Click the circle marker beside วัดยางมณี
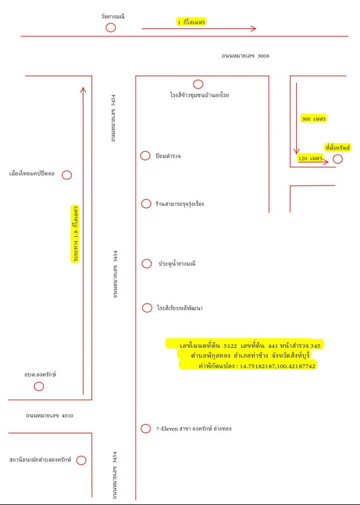click(111, 28)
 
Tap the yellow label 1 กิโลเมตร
click(191, 22)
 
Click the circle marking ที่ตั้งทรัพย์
click(337, 159)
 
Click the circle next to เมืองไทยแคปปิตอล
click(67, 175)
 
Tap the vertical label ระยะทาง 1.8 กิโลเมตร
click(76, 234)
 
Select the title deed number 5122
click(230, 346)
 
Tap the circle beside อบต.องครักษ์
click(39, 386)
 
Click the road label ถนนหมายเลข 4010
click(50, 416)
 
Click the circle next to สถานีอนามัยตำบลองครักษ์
click(81, 460)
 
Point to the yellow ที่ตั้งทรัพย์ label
click(337, 148)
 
